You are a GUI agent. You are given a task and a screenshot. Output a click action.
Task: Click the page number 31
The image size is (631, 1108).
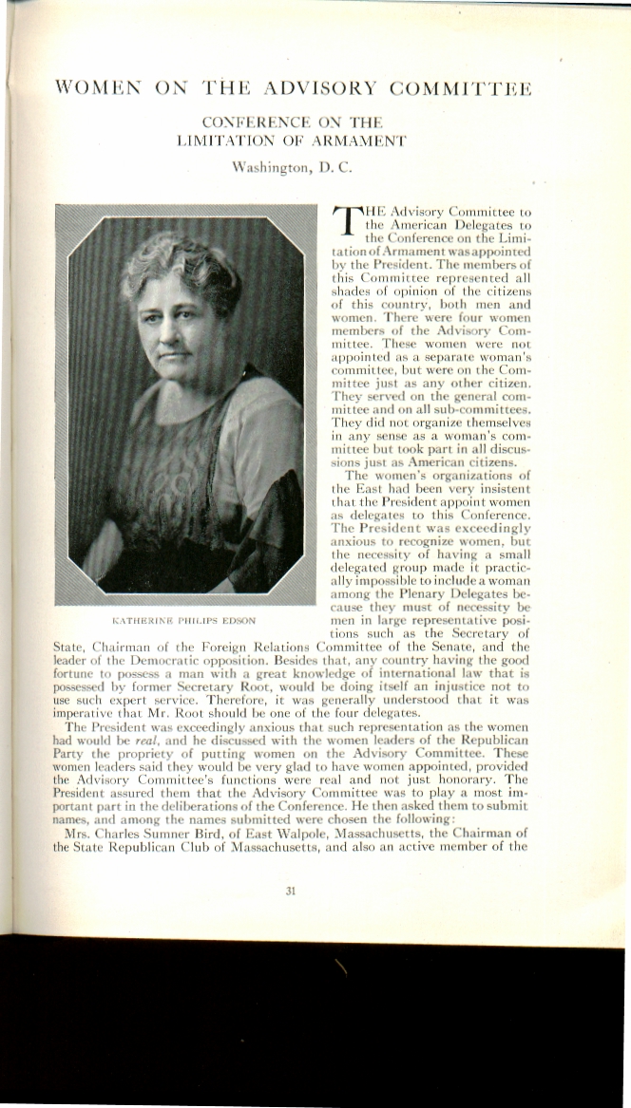point(291,891)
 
